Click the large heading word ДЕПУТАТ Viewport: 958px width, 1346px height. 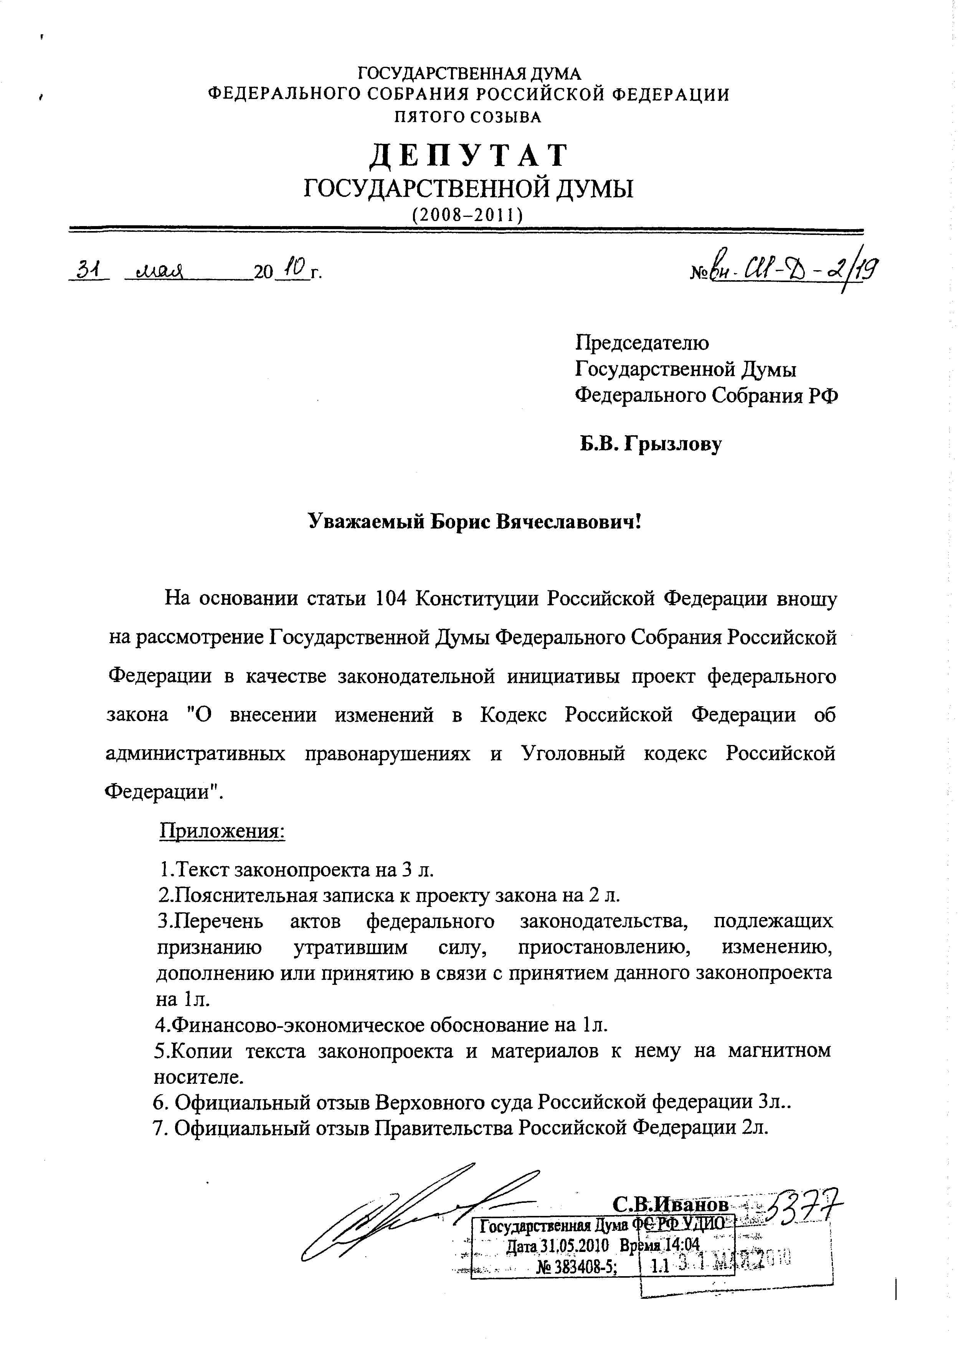469,156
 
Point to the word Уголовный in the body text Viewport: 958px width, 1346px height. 573,754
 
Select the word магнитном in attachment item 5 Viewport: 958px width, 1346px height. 779,1050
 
